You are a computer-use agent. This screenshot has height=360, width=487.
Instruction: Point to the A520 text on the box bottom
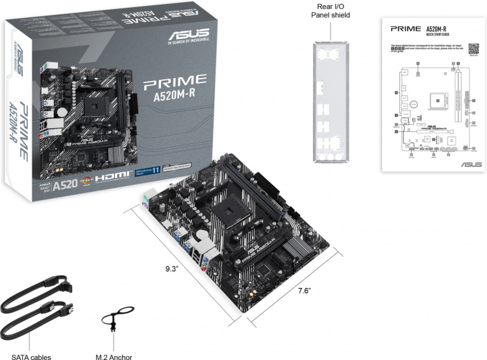pos(65,184)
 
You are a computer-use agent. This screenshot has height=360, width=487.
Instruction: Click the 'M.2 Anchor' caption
pos(113,354)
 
